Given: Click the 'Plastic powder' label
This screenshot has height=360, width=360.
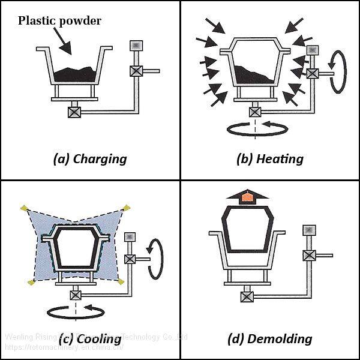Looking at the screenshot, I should coord(59,21).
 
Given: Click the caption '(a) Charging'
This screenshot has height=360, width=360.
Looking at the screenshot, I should coord(90,158).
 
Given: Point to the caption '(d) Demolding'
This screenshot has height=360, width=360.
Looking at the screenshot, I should coord(270,338).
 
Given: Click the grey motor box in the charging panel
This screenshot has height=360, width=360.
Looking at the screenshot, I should coord(136,45).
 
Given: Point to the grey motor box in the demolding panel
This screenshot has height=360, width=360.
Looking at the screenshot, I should coord(308,229).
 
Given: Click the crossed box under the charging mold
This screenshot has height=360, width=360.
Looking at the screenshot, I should coord(74,112).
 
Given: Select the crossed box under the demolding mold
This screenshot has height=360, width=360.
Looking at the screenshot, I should coord(246,295).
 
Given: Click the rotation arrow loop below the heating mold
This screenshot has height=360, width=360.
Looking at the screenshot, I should coord(254,128).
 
